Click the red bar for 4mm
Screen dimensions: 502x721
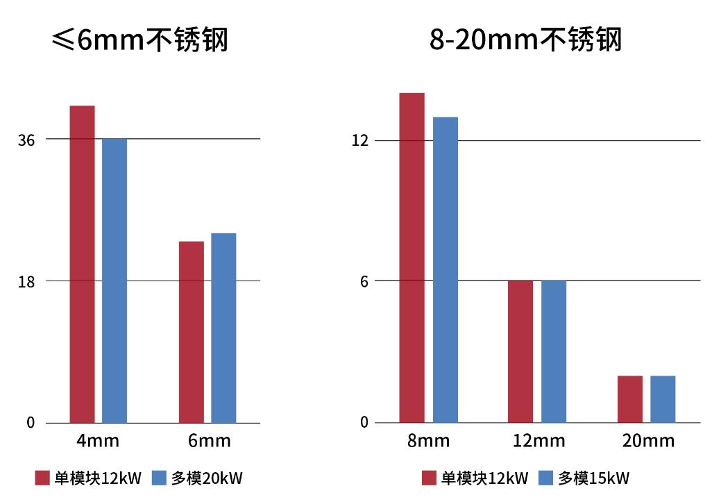click(82, 264)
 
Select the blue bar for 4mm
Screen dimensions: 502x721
click(114, 281)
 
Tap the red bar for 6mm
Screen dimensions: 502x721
click(191, 332)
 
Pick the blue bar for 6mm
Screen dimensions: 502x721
click(223, 328)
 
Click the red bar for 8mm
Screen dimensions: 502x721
click(412, 258)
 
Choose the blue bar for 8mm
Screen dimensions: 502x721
click(446, 269)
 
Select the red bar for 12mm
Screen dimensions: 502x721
click(520, 351)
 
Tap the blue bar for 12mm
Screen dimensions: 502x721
click(554, 351)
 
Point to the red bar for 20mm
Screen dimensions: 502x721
click(629, 399)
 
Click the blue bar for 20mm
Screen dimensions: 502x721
click(663, 399)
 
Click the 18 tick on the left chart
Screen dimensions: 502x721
click(26, 282)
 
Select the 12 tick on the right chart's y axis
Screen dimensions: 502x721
click(359, 141)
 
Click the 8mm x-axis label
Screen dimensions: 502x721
click(428, 441)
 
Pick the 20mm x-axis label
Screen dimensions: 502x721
click(648, 441)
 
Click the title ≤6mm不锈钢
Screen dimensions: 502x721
click(139, 40)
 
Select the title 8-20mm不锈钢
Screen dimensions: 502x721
click(525, 40)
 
